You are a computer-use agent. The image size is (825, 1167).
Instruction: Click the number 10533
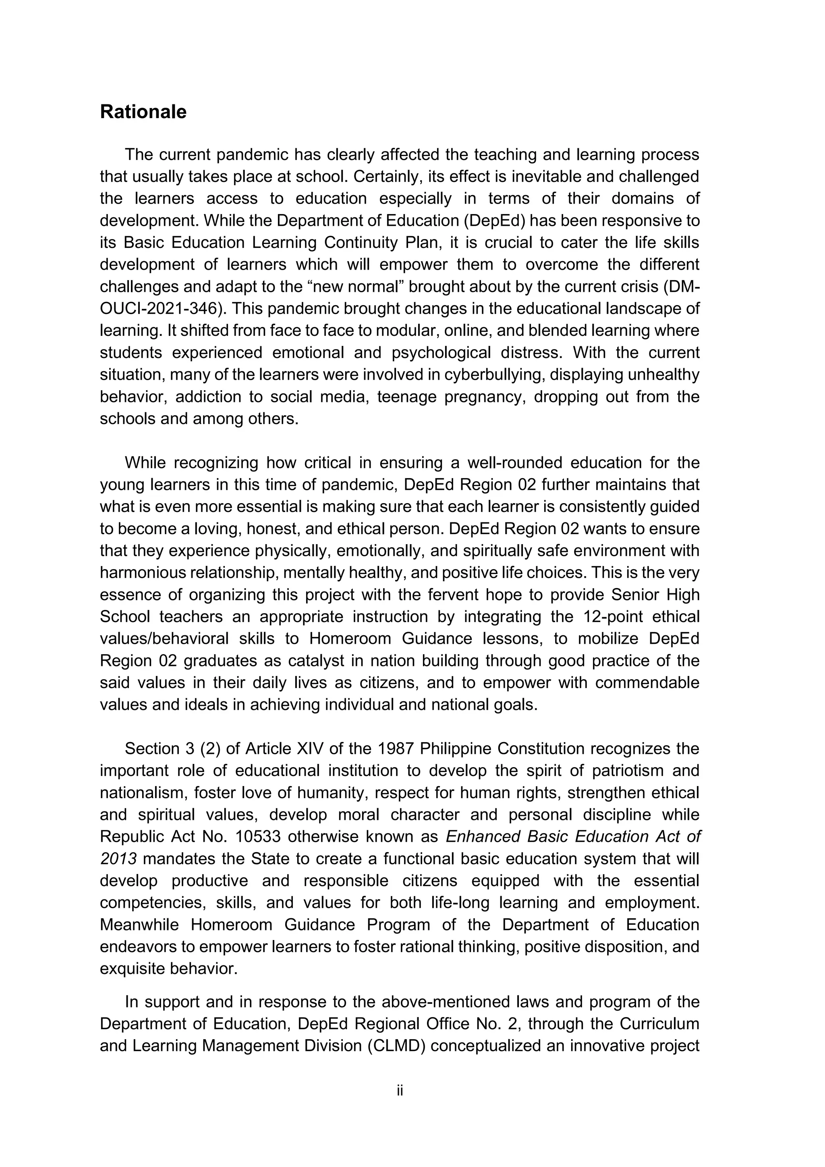259,836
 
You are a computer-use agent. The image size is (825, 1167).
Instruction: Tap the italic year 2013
118,859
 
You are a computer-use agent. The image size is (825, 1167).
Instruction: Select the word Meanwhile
139,925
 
